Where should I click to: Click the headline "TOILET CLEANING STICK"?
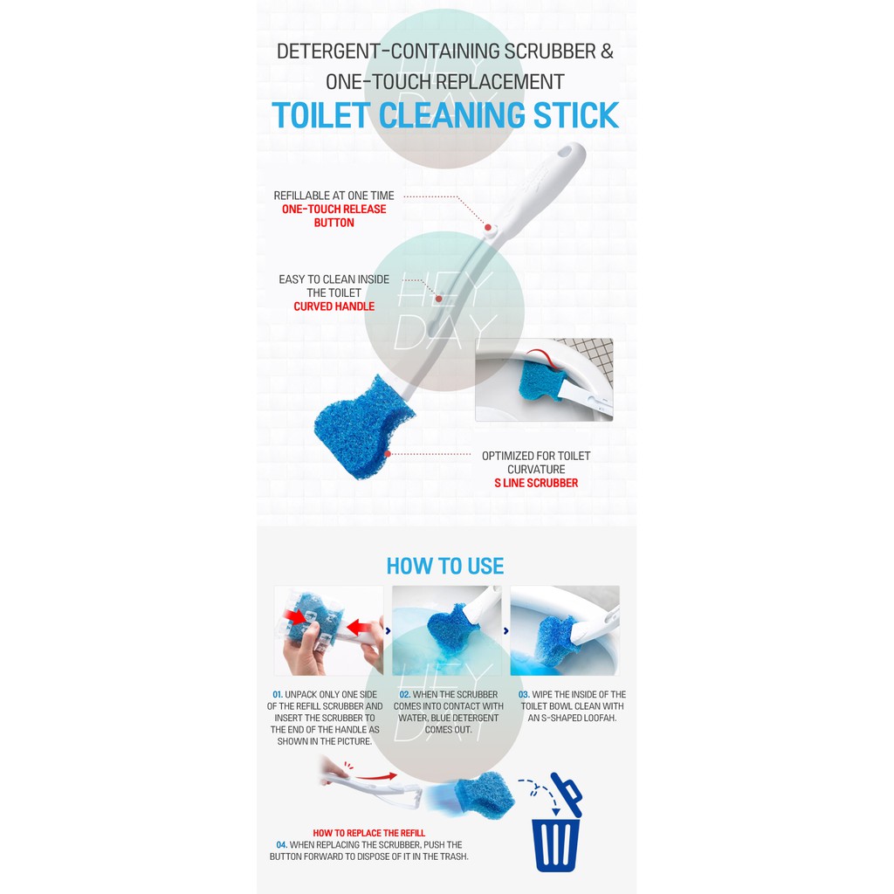click(x=445, y=115)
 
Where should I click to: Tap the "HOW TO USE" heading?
click(x=445, y=566)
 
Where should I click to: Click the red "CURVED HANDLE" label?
click(x=334, y=306)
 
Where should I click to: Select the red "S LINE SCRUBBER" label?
click(x=536, y=483)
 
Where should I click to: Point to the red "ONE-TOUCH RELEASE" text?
click(x=334, y=210)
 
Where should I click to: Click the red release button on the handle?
click(x=489, y=228)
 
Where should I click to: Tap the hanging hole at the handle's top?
click(x=565, y=152)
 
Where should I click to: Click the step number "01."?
click(x=278, y=694)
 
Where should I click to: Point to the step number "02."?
click(x=405, y=694)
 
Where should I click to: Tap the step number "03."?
click(x=524, y=694)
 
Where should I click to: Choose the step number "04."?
click(x=282, y=845)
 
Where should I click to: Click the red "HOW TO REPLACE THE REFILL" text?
click(x=369, y=833)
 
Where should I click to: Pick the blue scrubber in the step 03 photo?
click(x=556, y=640)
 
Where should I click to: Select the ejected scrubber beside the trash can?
click(x=485, y=794)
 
